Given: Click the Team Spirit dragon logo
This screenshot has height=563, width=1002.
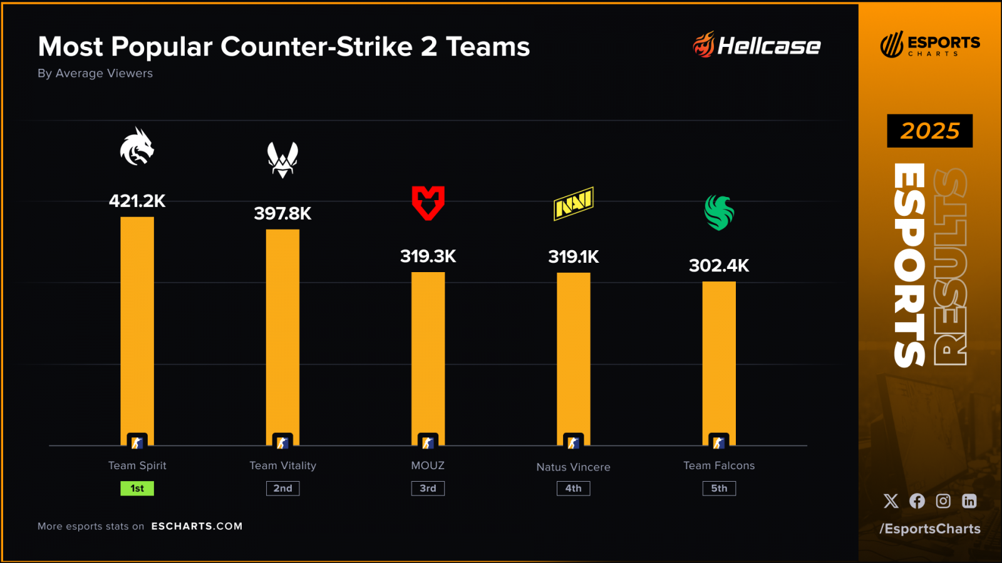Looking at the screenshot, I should [137, 147].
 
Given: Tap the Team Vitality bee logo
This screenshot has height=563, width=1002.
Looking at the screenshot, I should [282, 160].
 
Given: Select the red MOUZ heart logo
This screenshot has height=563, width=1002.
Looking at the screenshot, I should [428, 203].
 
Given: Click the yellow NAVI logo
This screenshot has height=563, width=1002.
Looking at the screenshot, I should [573, 203].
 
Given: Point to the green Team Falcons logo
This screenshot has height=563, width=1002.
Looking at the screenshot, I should [719, 213].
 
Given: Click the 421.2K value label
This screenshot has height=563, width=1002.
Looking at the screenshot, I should [137, 201].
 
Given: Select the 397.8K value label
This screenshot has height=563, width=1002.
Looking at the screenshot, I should [282, 213].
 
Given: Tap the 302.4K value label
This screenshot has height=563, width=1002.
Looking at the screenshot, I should [719, 265].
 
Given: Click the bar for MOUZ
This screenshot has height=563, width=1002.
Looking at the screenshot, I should [428, 357].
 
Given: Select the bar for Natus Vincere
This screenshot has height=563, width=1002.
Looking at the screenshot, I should [573, 357].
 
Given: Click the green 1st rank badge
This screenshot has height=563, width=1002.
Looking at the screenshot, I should [137, 489].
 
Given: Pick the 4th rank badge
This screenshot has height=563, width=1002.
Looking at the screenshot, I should [573, 489].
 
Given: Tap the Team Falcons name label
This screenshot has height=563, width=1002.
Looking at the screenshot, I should [719, 465].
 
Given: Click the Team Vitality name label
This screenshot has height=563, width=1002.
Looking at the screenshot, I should [282, 465].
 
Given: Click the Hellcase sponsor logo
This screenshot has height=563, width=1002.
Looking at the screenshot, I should [757, 45].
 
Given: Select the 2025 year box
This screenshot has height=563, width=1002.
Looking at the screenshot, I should [929, 131].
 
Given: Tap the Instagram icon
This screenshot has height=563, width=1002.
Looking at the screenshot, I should [943, 501].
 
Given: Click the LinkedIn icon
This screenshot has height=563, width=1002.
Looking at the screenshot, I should [969, 501].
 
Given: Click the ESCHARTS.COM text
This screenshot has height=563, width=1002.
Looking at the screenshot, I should [197, 526].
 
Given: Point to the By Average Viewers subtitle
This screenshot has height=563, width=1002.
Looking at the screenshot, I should [95, 73].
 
